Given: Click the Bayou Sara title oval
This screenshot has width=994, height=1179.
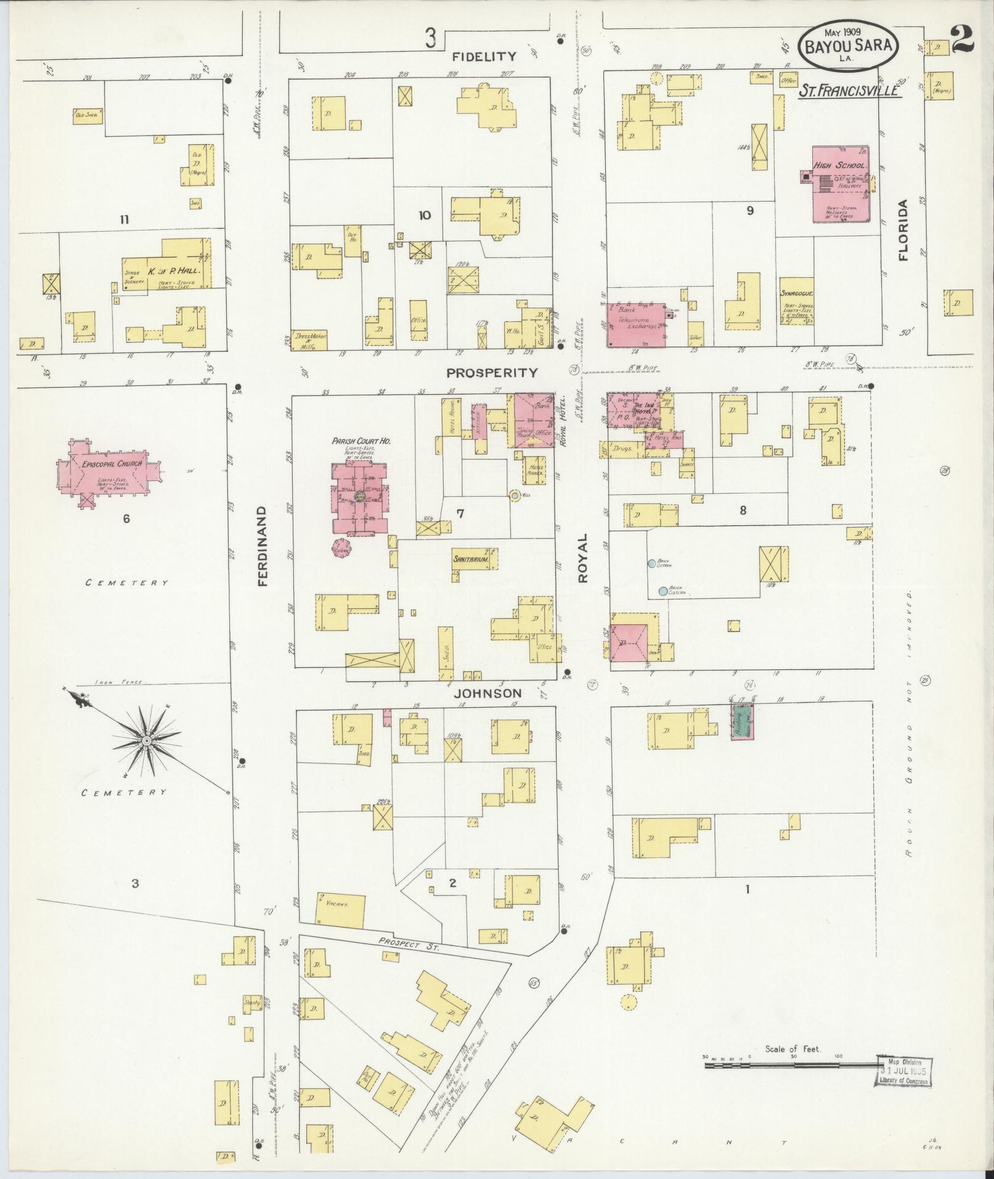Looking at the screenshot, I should click(848, 45).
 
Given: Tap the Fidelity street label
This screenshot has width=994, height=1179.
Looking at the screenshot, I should click(484, 57).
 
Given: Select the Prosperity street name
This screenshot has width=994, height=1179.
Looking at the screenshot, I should click(492, 373).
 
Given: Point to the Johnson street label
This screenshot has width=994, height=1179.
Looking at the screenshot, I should click(487, 693).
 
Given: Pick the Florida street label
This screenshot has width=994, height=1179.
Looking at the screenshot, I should click(903, 230).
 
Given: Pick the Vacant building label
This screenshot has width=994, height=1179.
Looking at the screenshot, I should click(339, 906).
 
